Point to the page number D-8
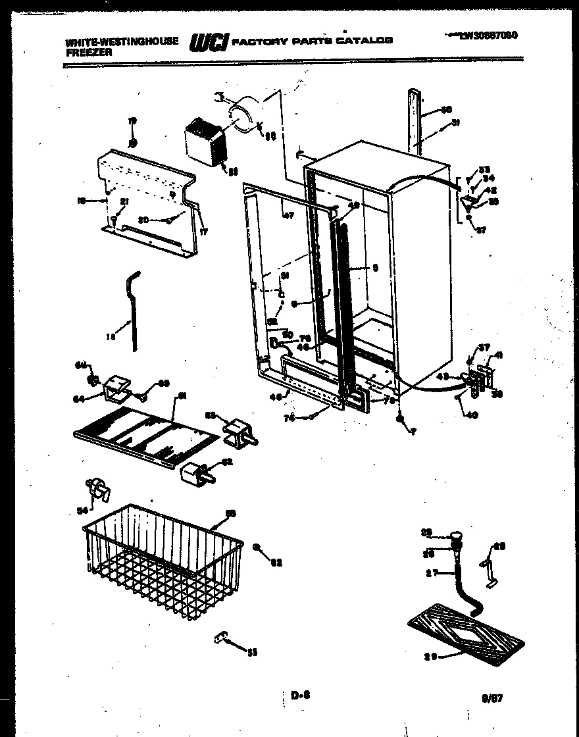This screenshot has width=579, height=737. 299,694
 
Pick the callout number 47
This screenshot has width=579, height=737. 288,215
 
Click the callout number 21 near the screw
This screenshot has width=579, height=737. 123,202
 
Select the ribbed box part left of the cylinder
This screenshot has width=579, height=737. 205,145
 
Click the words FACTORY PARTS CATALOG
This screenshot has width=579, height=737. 313,40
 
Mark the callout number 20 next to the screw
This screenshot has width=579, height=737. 142,220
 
